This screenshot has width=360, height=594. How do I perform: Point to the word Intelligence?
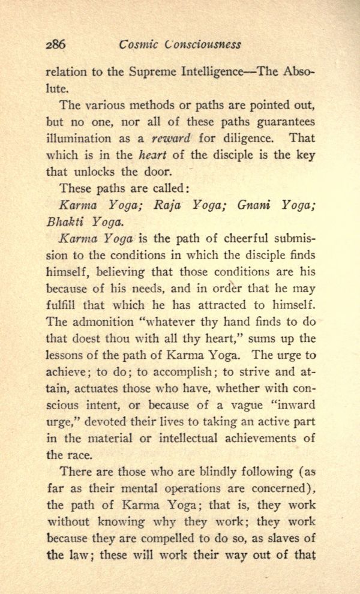(x=209, y=73)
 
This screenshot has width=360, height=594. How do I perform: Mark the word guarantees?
(x=284, y=122)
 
